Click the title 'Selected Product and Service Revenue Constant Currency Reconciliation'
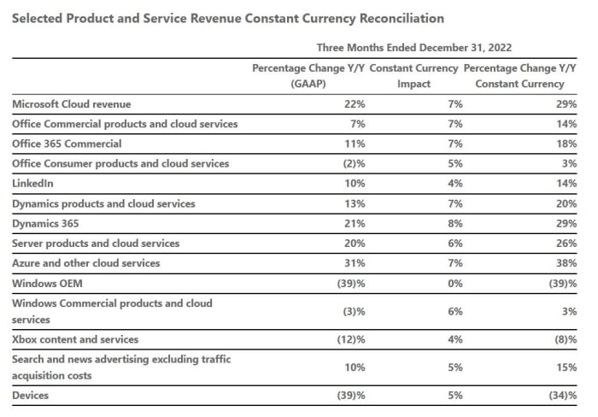click(x=227, y=18)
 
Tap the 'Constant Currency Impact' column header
click(x=413, y=75)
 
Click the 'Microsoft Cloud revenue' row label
click(x=72, y=104)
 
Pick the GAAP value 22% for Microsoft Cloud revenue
click(x=355, y=104)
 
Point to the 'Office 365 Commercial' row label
click(x=67, y=144)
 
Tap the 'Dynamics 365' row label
click(x=46, y=224)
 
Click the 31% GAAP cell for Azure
click(x=355, y=263)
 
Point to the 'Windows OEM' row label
click(x=47, y=283)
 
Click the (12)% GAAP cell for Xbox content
click(x=350, y=340)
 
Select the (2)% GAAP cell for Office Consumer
click(x=353, y=164)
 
